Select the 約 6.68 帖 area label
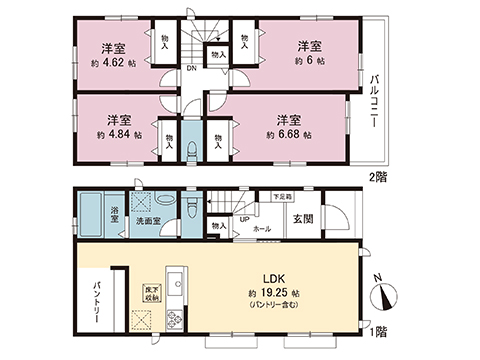[x=289, y=135]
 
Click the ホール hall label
[x=262, y=228]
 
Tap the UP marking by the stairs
[x=244, y=219]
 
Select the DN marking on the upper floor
[x=191, y=68]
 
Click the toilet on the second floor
[x=191, y=151]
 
